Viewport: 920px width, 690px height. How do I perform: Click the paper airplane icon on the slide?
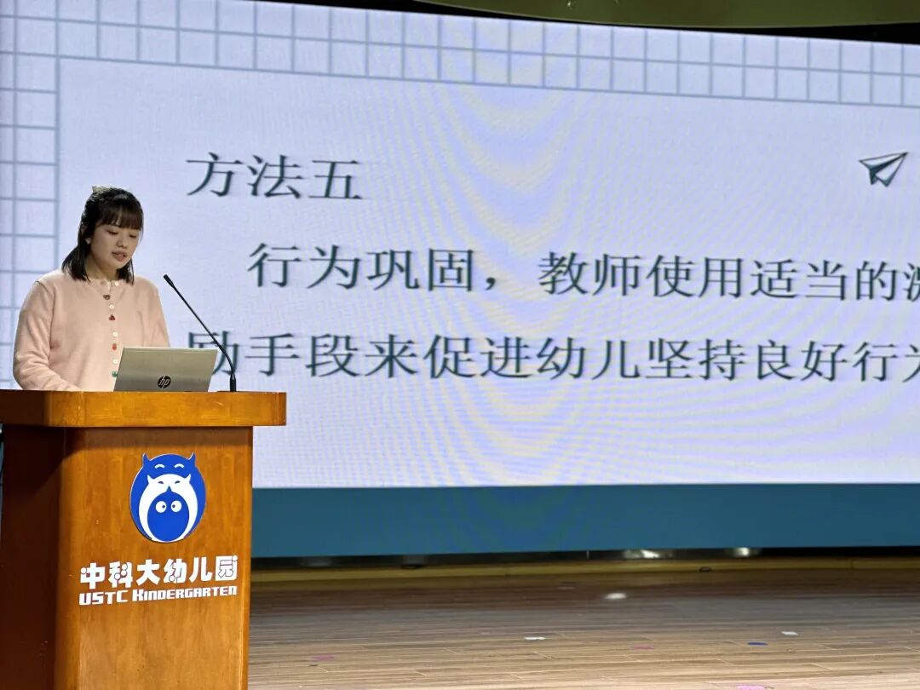pyautogui.click(x=882, y=168)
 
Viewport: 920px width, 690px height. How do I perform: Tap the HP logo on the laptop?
pyautogui.click(x=164, y=381)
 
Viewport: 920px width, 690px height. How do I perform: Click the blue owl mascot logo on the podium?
pyautogui.click(x=168, y=498)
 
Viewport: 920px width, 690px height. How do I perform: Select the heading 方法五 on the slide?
pyautogui.click(x=273, y=176)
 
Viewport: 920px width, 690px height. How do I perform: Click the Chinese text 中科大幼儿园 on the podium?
pyautogui.click(x=158, y=572)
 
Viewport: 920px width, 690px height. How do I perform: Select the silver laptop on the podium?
pyautogui.click(x=165, y=370)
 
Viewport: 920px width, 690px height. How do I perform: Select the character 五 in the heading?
pyautogui.click(x=334, y=177)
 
